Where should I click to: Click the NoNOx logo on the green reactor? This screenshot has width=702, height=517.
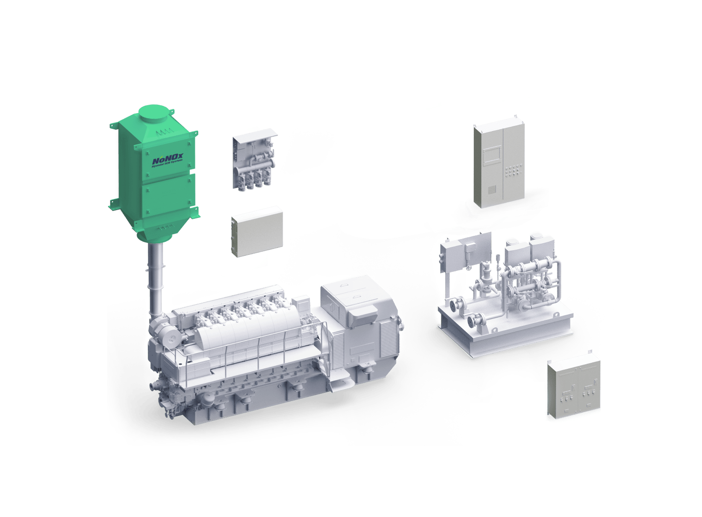(x=167, y=160)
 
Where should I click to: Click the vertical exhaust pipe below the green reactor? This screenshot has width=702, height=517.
(x=156, y=277)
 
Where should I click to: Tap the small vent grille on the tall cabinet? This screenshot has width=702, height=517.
(x=492, y=189)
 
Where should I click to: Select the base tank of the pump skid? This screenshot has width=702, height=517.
(x=503, y=332)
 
